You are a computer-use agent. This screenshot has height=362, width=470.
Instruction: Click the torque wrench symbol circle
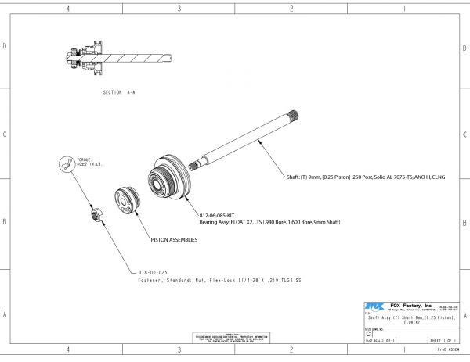click(x=67, y=164)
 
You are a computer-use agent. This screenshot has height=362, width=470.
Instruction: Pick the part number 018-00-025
click(x=153, y=272)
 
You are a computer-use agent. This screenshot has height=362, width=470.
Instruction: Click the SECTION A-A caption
click(x=119, y=92)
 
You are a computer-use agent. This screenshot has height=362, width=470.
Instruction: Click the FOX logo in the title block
click(x=374, y=306)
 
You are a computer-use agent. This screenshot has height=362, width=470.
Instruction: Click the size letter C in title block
click(x=369, y=332)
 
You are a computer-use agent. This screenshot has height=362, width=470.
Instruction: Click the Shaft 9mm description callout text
click(x=367, y=177)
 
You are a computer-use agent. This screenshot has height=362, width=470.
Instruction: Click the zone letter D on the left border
click(x=5, y=46)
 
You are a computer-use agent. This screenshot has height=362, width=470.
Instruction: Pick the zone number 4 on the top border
click(x=68, y=9)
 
